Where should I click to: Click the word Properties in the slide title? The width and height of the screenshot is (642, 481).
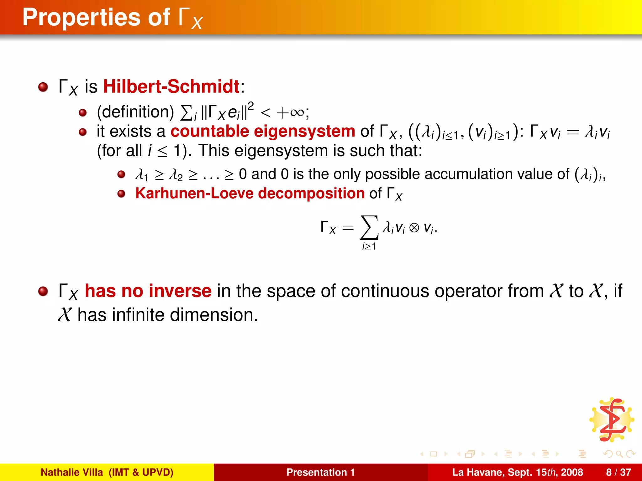(81, 17)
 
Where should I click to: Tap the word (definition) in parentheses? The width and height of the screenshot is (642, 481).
(135, 112)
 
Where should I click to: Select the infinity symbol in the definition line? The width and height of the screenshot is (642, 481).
(297, 112)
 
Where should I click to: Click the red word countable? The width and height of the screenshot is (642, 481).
(210, 131)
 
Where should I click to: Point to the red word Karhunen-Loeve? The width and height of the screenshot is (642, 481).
(194, 193)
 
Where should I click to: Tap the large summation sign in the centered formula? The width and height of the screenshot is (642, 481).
(369, 227)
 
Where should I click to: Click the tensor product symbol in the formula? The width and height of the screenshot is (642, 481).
(414, 228)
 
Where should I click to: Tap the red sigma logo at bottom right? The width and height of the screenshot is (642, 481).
(612, 420)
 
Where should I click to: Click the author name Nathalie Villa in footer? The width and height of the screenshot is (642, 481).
(72, 472)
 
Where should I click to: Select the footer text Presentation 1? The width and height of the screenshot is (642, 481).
(320, 472)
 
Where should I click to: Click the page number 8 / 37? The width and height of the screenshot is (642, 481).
(618, 472)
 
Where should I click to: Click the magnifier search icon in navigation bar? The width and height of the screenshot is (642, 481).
(619, 454)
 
